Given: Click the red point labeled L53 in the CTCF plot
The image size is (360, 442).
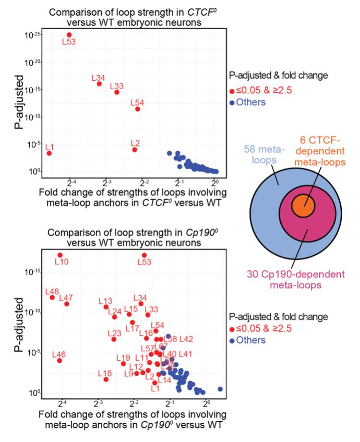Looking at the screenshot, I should pyautogui.click(x=69, y=34).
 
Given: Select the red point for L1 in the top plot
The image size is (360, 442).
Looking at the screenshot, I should pyautogui.click(x=49, y=153).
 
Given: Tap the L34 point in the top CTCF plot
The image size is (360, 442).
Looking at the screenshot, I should pyautogui.click(x=99, y=83).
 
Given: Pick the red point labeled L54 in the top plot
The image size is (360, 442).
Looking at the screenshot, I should pyautogui.click(x=138, y=109).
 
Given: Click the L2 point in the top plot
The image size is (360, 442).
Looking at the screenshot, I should pyautogui.click(x=135, y=150).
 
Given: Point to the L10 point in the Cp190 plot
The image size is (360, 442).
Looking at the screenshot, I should pyautogui.click(x=60, y=255).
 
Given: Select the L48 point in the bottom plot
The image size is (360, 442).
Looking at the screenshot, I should pyautogui.click(x=52, y=297).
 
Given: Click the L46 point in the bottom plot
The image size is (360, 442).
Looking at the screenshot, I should pyautogui.click(x=59, y=360).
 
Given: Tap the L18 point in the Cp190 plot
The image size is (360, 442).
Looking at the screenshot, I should pyautogui.click(x=105, y=379).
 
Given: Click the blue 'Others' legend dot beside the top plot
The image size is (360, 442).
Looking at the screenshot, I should pyautogui.click(x=232, y=102).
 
